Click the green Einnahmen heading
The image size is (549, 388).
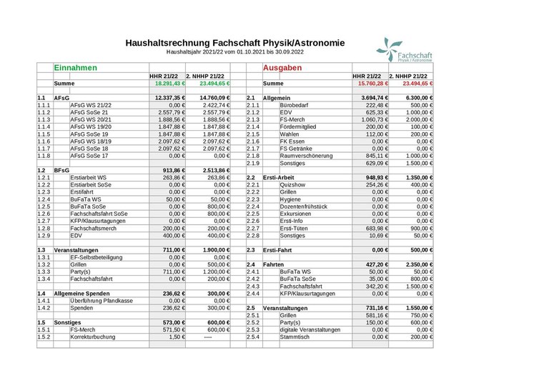point(76,67)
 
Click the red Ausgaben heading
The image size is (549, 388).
point(284,67)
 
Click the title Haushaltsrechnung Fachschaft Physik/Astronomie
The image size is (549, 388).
point(234,43)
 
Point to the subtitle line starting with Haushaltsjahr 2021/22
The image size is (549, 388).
point(234,52)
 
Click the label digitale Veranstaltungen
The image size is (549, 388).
point(310,329)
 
